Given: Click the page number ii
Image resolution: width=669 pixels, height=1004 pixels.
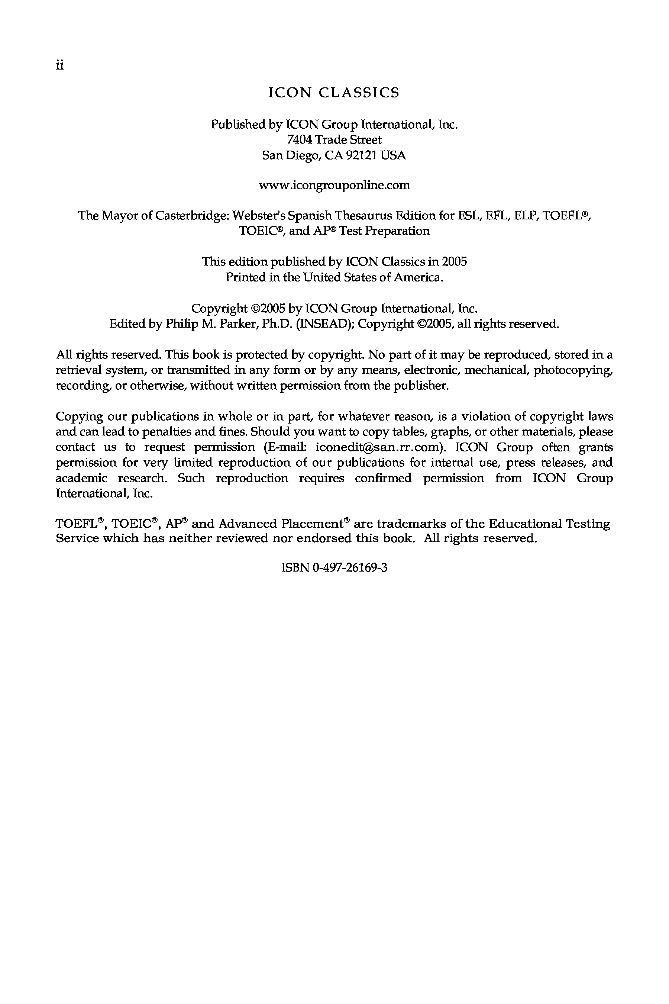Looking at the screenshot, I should point(59,65).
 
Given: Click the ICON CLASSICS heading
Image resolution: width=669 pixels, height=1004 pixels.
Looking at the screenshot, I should point(334,93).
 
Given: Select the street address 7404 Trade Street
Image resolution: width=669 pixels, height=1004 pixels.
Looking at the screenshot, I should point(334,139).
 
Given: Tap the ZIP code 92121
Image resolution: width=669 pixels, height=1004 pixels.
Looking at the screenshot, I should point(361,155).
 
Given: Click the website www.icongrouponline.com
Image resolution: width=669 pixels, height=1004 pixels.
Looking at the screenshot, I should point(334,185).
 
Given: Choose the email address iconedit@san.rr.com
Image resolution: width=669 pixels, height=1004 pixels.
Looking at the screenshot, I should point(377,447).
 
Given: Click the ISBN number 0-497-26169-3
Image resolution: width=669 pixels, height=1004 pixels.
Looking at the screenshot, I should point(350,568).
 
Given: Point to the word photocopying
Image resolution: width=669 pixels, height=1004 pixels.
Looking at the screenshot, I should point(573,370).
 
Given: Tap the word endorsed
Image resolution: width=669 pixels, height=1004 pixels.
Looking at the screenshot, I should point(324,538).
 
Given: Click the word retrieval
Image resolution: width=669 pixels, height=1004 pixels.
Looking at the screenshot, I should point(79,370).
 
